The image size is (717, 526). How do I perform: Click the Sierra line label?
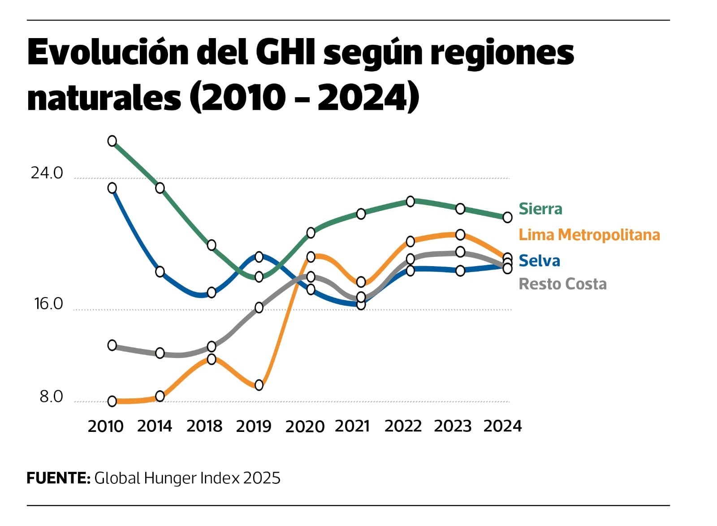[540, 209]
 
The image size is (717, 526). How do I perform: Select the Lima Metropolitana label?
[589, 235]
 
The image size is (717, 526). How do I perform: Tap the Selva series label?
[539, 261]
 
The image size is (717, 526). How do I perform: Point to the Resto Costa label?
[562, 284]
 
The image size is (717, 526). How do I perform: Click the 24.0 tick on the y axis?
[47, 173]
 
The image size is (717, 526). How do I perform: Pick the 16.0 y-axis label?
[48, 304]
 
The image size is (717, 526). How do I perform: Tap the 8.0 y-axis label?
[51, 397]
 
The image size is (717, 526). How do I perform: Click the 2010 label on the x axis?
[105, 426]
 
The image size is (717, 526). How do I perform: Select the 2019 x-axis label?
[254, 426]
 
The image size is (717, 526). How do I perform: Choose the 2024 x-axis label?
[502, 426]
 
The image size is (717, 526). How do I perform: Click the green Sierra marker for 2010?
[112, 141]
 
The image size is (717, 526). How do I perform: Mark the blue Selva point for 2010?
[112, 188]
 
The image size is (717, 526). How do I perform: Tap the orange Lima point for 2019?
[259, 385]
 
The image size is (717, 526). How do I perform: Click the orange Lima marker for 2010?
[112, 401]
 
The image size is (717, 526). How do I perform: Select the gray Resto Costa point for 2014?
[160, 353]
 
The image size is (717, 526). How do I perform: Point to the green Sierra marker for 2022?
[410, 201]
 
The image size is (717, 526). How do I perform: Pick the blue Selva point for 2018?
[212, 293]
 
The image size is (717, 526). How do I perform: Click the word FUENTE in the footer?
[58, 478]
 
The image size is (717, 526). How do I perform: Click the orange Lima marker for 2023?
[460, 234]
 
